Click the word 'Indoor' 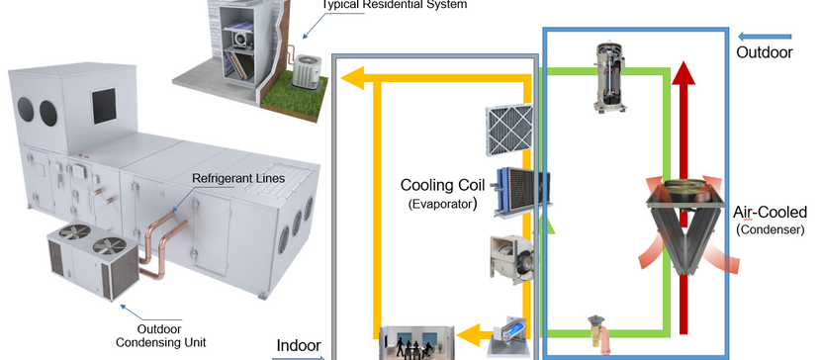point(298,345)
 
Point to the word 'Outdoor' point(765,51)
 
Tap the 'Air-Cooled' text point(771,212)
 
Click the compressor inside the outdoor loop point(609,75)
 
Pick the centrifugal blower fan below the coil point(513,259)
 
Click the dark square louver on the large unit point(104,102)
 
